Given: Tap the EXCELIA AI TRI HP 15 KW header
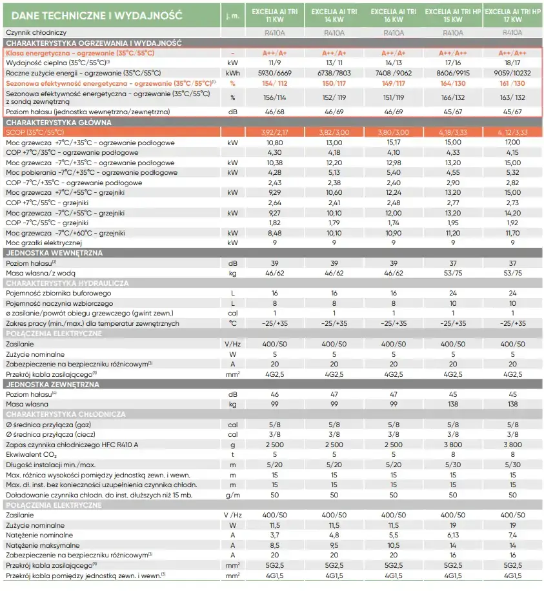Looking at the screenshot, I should pyautogui.click(x=454, y=15).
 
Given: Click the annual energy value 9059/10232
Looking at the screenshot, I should pyautogui.click(x=512, y=73).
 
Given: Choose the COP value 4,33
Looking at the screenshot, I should pyautogui.click(x=453, y=152).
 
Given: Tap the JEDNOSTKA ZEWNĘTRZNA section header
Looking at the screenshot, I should pyautogui.click(x=52, y=384).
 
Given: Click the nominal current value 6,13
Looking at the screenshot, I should pyautogui.click(x=453, y=535).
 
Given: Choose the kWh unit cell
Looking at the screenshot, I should pyautogui.click(x=232, y=73).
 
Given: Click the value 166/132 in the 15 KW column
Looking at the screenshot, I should pyautogui.click(x=453, y=97).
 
